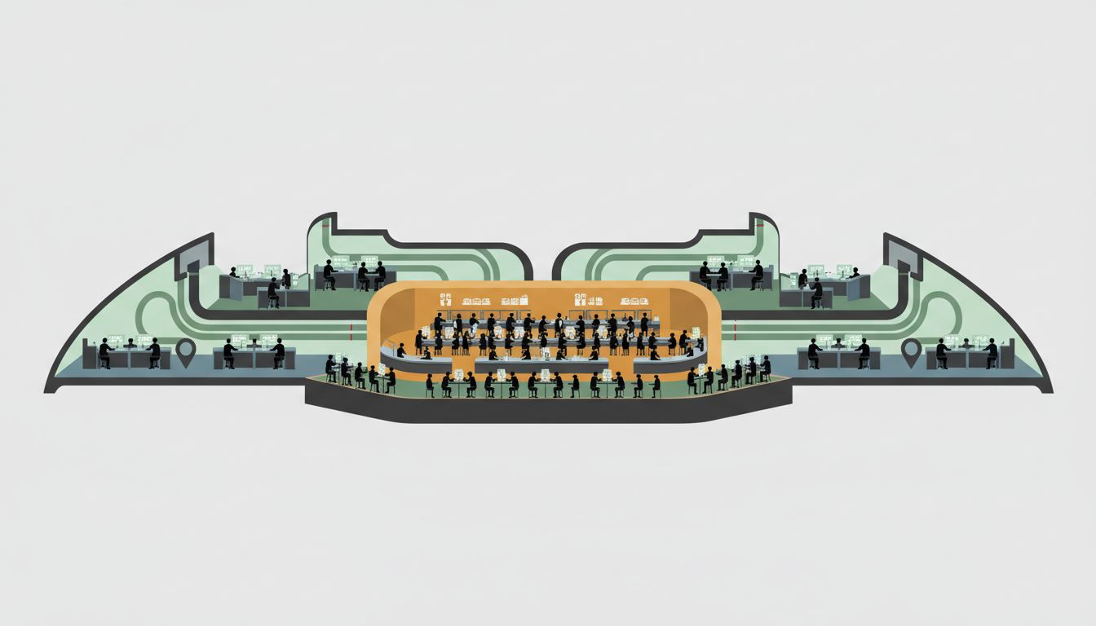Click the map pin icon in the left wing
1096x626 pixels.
click(x=186, y=352)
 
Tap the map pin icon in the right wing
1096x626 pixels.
click(x=911, y=352)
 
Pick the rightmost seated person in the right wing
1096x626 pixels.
click(x=991, y=354)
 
